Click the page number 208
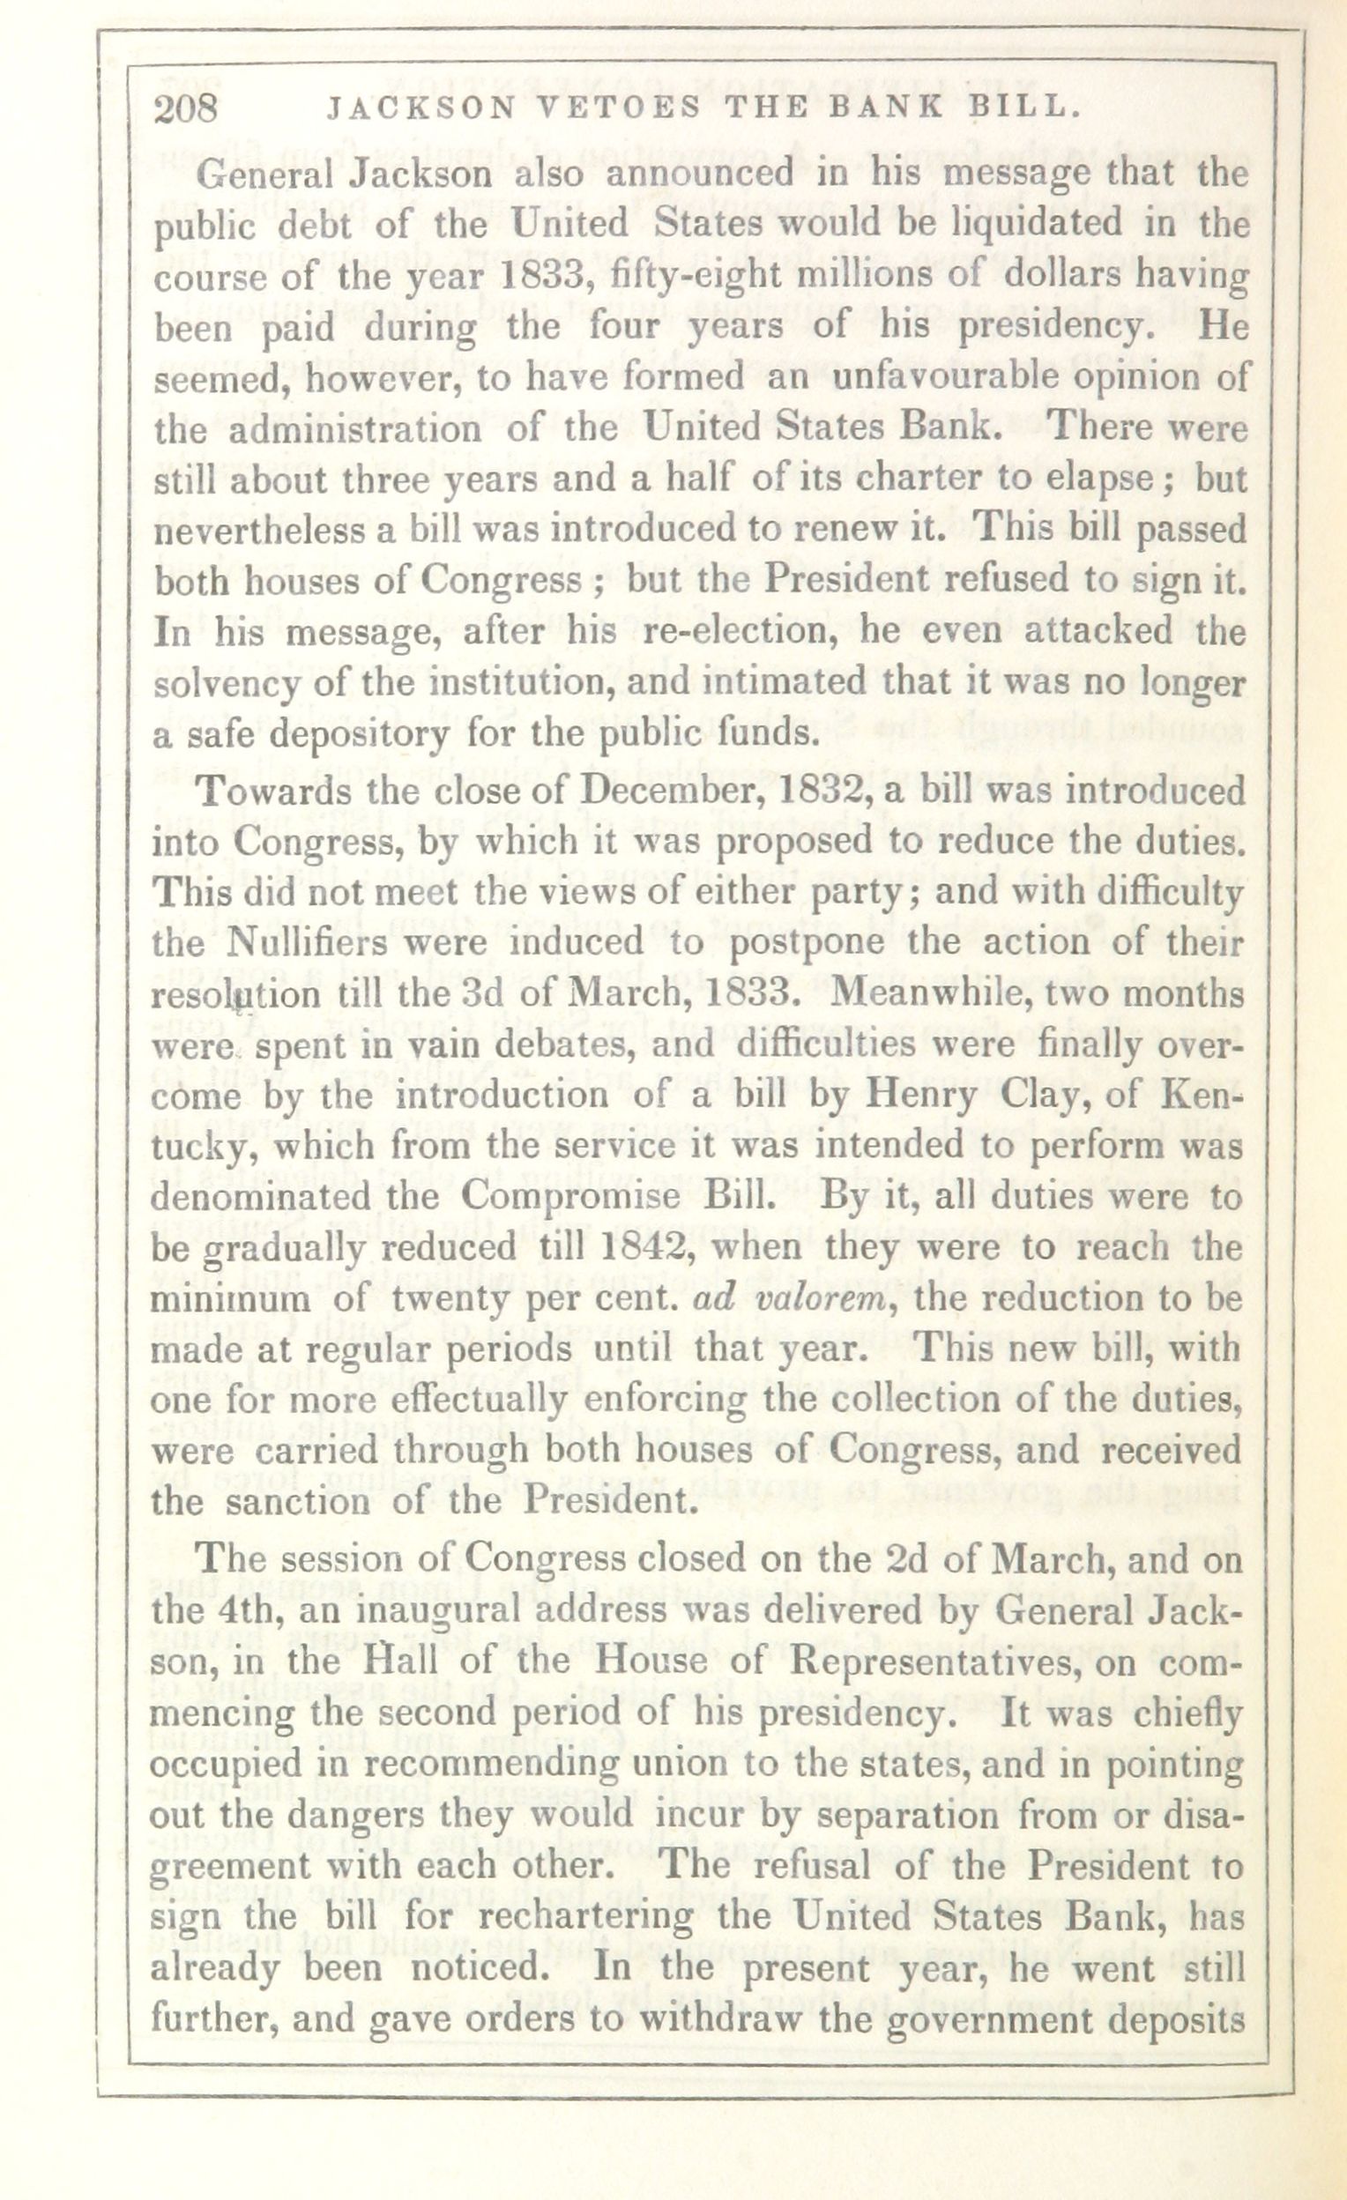pyautogui.click(x=186, y=109)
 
